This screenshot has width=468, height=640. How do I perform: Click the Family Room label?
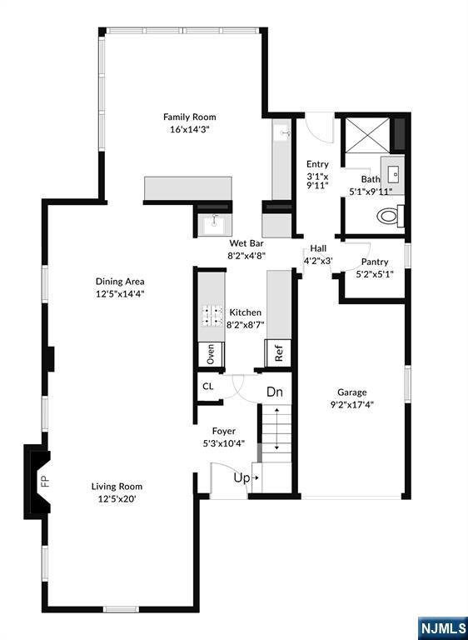point(189,117)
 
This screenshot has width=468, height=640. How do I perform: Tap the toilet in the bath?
point(390,216)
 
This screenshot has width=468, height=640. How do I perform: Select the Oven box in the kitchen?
point(211,354)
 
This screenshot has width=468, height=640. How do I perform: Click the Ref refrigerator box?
point(278,353)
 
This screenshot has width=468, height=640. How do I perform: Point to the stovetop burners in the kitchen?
point(212,316)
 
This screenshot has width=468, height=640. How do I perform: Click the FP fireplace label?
point(44,481)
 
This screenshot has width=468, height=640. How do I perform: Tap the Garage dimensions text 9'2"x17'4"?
point(351,405)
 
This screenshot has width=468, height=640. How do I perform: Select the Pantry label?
point(375,262)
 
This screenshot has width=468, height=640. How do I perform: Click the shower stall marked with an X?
point(367,135)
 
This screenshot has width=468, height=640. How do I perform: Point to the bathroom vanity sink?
point(393,176)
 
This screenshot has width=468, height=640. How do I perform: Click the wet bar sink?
point(215,224)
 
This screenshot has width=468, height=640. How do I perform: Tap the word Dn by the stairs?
point(275,392)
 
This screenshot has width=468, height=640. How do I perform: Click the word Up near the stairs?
point(241,478)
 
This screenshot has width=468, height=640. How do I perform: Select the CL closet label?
point(207,386)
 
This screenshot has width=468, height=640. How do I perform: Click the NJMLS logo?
point(443,628)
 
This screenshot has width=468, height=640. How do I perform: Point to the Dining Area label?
point(120,282)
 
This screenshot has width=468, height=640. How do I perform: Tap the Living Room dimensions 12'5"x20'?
point(117,499)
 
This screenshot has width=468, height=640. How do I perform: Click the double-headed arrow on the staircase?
point(276,428)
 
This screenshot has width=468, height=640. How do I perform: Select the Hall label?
point(318,248)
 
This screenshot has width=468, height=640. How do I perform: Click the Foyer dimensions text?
point(224,443)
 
